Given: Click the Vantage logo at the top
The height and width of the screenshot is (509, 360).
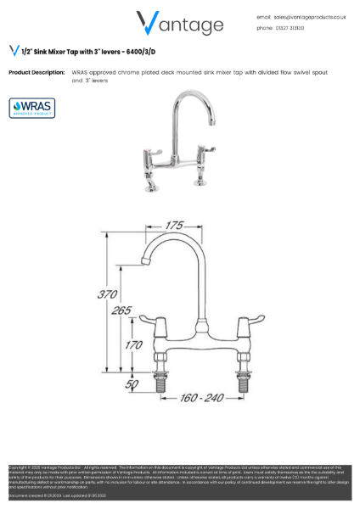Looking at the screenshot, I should pos(179,23).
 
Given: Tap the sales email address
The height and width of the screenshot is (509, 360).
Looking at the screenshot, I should pos(309,16).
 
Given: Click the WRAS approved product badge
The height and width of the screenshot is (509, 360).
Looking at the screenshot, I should pos(31,109).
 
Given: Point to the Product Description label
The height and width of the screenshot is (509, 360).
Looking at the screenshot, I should pos(37,73).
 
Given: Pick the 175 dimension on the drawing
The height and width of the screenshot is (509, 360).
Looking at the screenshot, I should pos(174,226).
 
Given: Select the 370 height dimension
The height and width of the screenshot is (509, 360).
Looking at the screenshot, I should pos(107,294).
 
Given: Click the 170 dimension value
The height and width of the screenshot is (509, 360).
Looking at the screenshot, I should pos(133,344).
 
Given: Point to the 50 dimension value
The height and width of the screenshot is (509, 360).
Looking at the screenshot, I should pos(132,384).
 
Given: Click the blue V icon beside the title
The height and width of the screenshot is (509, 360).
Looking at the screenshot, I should pos(14,50).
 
